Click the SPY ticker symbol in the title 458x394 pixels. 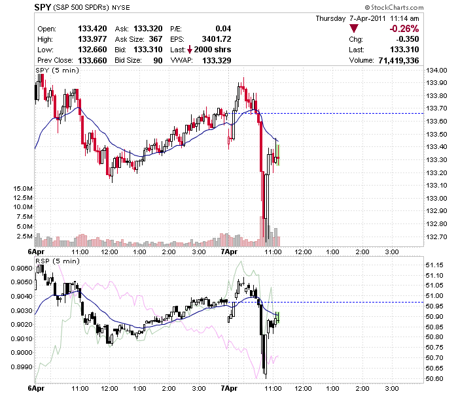(x=43, y=7)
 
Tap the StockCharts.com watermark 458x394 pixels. (x=394, y=7)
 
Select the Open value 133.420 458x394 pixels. (x=92, y=29)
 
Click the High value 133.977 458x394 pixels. (x=92, y=39)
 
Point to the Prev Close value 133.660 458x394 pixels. (x=92, y=60)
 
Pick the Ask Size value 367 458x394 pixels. (x=156, y=39)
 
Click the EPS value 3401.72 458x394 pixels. (x=217, y=39)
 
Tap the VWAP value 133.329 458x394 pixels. (x=217, y=60)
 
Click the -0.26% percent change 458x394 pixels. (x=404, y=29)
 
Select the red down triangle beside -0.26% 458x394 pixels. (x=354, y=28)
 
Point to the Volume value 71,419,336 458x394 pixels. (x=398, y=60)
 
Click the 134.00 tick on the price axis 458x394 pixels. (x=436, y=70)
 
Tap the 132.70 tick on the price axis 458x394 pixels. (x=436, y=237)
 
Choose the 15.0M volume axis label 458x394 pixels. (x=23, y=188)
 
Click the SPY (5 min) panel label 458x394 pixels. (x=58, y=71)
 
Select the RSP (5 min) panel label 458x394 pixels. (x=58, y=261)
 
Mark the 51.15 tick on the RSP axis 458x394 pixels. (x=434, y=265)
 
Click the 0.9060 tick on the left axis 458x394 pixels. (x=22, y=268)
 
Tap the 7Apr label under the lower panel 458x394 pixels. (x=229, y=389)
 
